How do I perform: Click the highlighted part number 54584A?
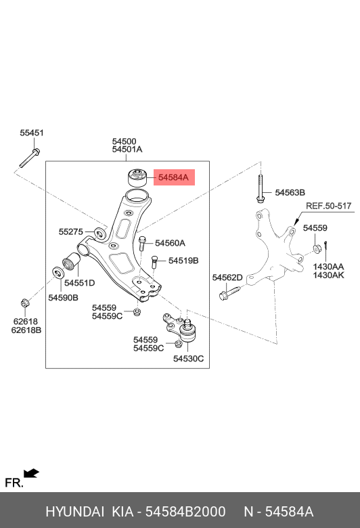click(x=173, y=177)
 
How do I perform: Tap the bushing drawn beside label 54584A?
click(x=138, y=178)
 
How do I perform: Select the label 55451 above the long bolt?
click(x=32, y=133)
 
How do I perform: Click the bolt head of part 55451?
click(x=37, y=152)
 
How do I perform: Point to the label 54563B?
click(x=290, y=193)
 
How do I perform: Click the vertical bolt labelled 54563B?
click(x=261, y=189)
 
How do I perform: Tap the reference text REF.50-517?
click(x=329, y=206)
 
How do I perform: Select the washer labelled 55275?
click(x=99, y=233)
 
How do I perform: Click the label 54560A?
click(x=170, y=243)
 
